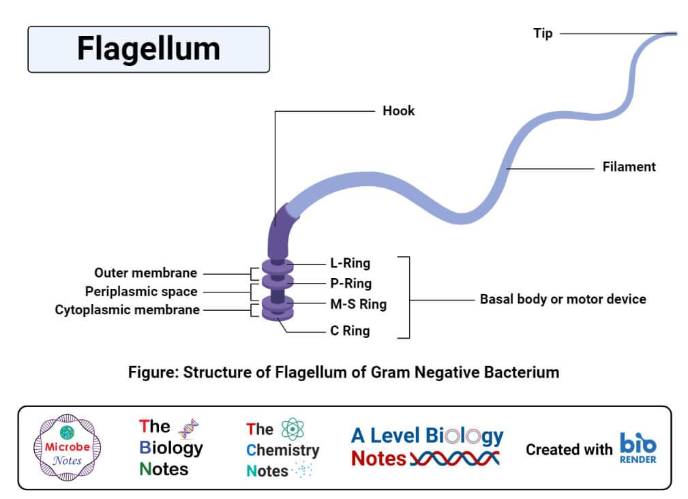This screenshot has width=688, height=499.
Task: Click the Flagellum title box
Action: coord(148,49)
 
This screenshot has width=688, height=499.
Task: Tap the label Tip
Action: coord(543,33)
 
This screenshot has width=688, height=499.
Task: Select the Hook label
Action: coord(399,110)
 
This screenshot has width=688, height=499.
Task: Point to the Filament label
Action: coord(629,166)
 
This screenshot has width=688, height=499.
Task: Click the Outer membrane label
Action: coord(146,273)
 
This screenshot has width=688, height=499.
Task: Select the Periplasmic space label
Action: coord(141,291)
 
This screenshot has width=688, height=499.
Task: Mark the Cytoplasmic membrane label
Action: coord(128,310)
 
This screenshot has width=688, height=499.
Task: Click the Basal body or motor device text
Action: coord(563,299)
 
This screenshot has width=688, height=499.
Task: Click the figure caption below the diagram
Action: coord(344,372)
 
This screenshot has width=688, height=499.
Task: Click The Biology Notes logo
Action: coord(170,447)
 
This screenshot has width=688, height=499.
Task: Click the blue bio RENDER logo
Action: coord(638,448)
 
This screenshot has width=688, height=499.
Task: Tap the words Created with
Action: coord(569,449)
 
